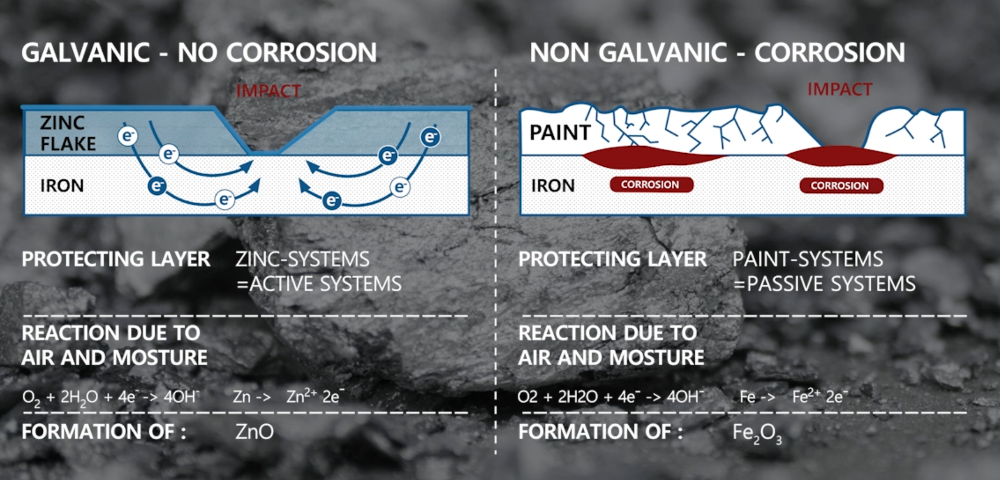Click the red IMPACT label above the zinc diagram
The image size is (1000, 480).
268,91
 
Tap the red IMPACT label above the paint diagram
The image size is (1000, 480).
840,89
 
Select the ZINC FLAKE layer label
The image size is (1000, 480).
68,133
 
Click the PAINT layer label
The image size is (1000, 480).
560,133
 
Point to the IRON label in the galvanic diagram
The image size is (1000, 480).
62,185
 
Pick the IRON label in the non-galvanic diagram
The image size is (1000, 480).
553,185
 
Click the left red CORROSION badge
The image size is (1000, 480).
652,185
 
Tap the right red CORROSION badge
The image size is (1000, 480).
841,185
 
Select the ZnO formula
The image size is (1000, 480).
254,432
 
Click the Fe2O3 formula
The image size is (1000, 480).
757,433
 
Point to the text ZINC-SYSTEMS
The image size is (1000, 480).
302,259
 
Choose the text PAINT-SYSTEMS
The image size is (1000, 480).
808,259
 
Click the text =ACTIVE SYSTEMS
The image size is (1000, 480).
319,284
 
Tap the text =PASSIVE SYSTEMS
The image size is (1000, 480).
824,284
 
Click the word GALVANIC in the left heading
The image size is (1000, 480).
85,53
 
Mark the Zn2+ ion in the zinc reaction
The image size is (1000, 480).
301,396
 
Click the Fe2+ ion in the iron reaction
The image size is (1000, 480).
806,396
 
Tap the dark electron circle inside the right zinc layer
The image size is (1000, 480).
430,137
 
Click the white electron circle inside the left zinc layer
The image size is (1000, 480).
127,136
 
